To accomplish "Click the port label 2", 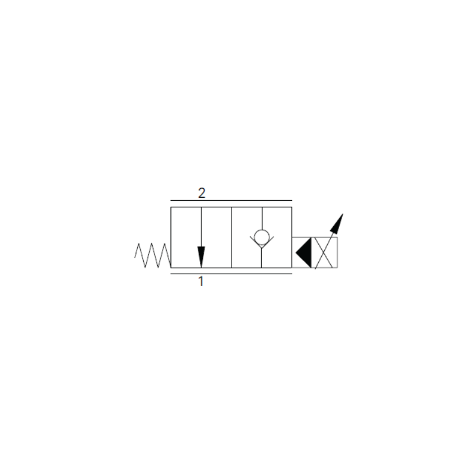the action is click(202, 193).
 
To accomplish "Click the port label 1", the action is click(201, 281).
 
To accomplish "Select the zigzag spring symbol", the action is click(153, 255).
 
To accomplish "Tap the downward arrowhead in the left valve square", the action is click(201, 257).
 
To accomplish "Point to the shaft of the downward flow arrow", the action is click(201, 227).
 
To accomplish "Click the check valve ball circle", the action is click(262, 237).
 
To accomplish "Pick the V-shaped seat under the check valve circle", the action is click(262, 242).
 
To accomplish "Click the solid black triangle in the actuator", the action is click(303, 253).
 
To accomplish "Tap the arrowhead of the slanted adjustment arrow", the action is click(337, 223).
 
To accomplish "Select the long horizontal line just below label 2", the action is click(231, 201).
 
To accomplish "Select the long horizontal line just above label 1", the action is click(231, 274).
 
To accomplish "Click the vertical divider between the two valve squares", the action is click(232, 237).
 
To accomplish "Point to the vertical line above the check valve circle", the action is click(262, 218).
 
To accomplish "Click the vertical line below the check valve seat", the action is click(261, 258).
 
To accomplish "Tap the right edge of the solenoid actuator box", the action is click(337, 253).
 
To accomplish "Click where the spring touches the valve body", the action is click(171, 268).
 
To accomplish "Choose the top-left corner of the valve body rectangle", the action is click(171, 207).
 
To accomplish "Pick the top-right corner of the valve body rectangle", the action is click(292, 207).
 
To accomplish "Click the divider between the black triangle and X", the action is click(312, 253).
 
